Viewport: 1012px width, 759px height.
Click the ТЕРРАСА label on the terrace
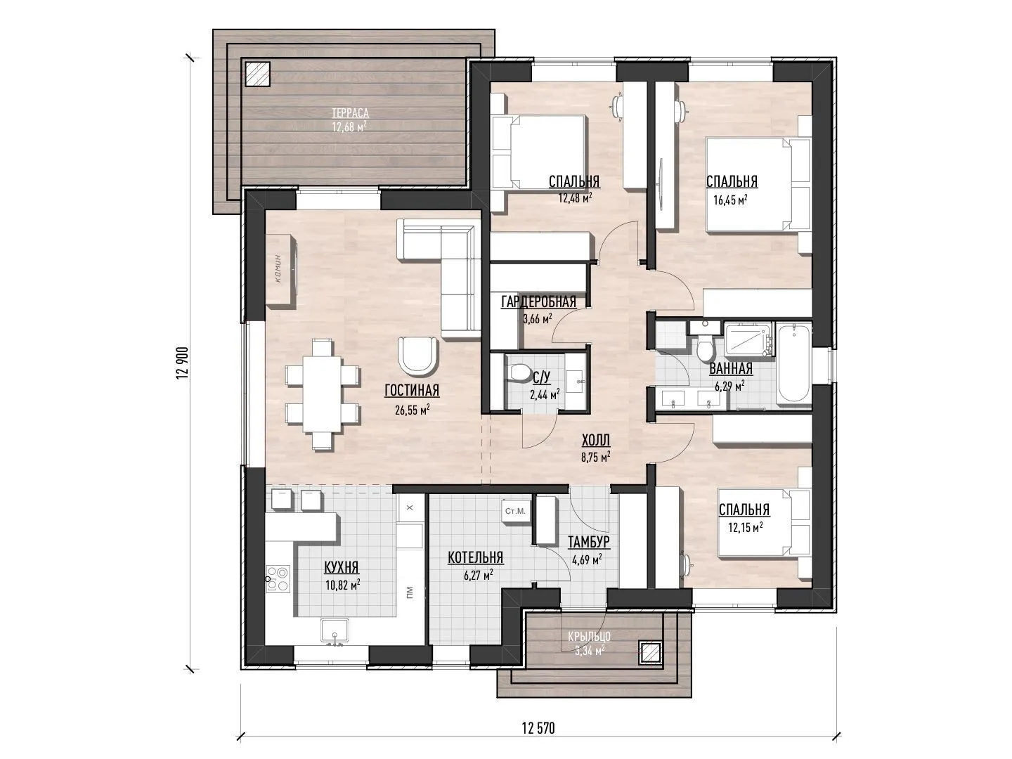click(x=350, y=113)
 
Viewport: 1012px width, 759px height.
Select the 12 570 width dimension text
click(x=538, y=729)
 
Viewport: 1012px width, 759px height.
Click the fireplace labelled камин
click(x=281, y=269)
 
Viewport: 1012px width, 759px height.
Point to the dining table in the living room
click(x=322, y=394)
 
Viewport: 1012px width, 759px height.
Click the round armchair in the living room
click(x=417, y=354)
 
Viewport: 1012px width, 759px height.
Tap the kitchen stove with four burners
click(x=278, y=578)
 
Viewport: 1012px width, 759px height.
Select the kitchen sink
click(x=335, y=631)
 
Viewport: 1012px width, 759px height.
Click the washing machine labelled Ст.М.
click(x=515, y=512)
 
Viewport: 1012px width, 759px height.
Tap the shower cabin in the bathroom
click(x=748, y=339)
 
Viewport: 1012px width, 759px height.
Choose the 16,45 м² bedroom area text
click(x=730, y=200)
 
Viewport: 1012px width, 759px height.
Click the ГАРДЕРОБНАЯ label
click(x=538, y=302)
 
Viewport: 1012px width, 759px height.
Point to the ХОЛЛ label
click(x=596, y=440)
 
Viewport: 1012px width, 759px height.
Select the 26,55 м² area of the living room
click(x=413, y=409)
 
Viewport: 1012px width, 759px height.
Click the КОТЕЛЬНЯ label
click(x=475, y=557)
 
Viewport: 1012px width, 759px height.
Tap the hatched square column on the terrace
click(x=257, y=74)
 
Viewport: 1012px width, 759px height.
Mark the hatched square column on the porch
click(x=649, y=653)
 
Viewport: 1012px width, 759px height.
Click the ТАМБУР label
click(x=589, y=542)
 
